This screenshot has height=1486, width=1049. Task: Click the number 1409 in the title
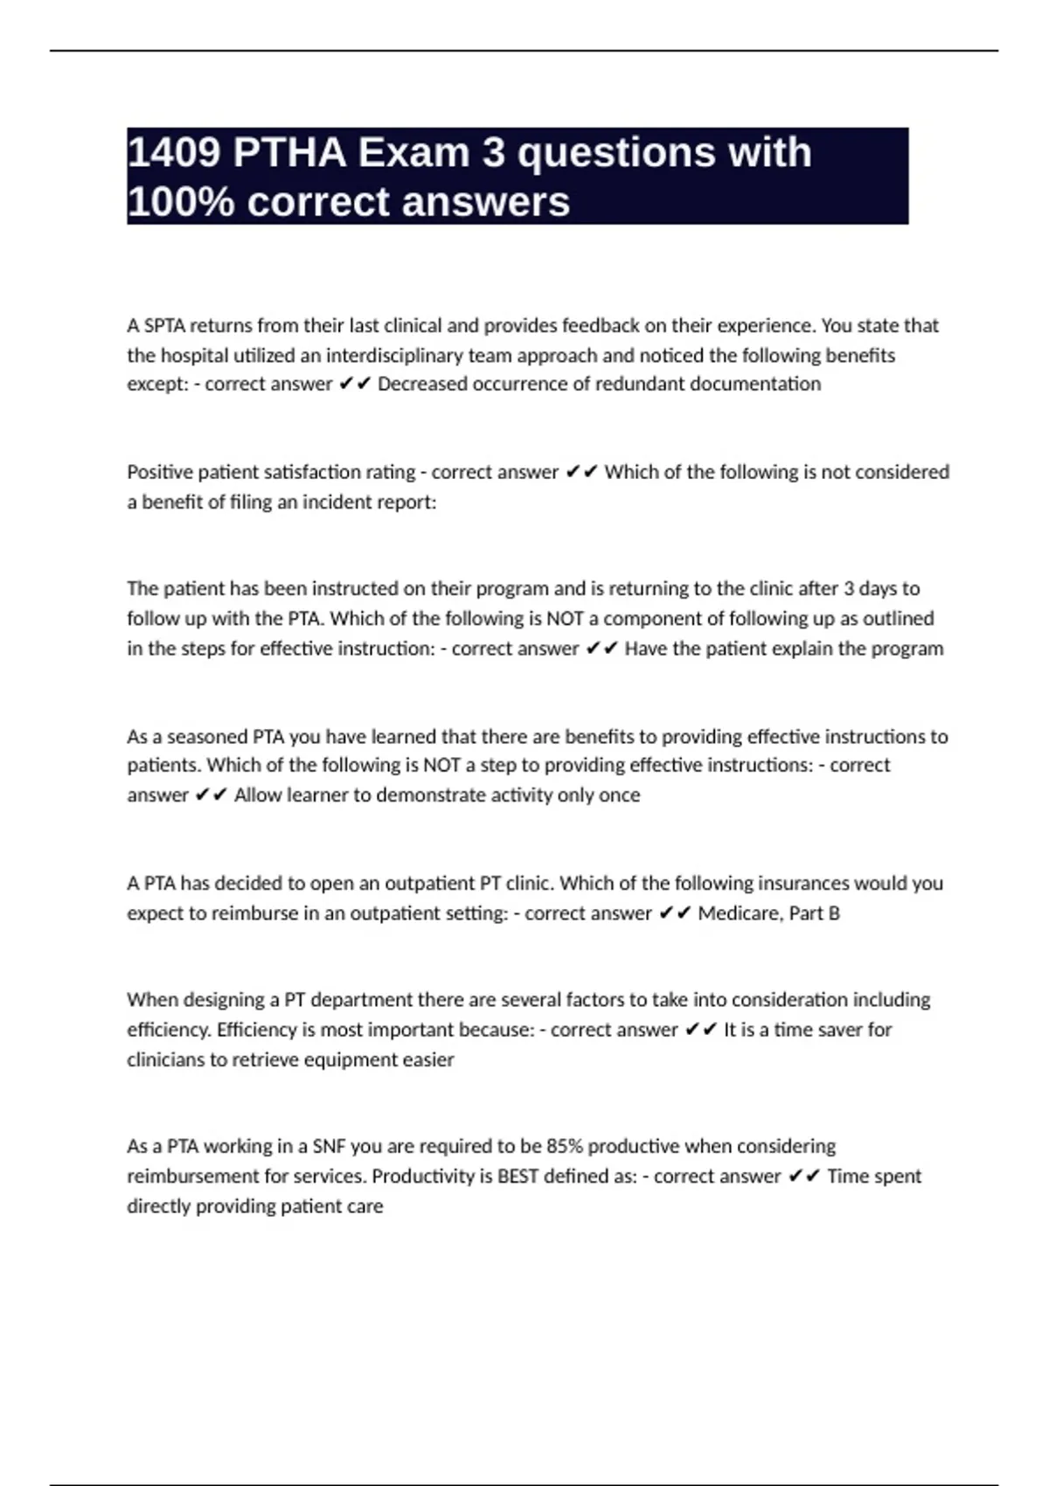pyautogui.click(x=173, y=153)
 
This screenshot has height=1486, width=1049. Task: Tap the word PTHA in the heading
pyautogui.click(x=289, y=153)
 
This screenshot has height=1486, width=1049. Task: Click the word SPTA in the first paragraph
pyautogui.click(x=164, y=326)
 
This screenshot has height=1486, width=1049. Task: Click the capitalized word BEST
pyautogui.click(x=518, y=1177)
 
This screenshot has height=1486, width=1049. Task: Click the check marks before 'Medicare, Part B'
pyautogui.click(x=675, y=913)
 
